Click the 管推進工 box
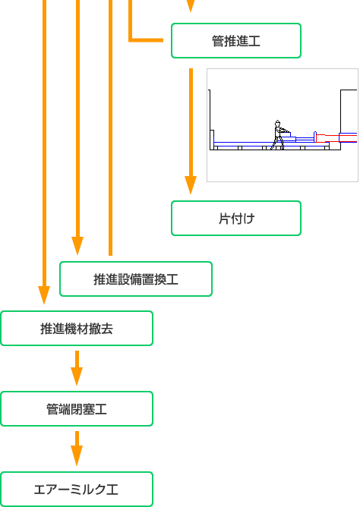pyautogui.click(x=236, y=41)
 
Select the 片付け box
pyautogui.click(x=236, y=219)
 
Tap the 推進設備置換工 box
pyautogui.click(x=136, y=279)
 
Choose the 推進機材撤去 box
pyautogui.click(x=77, y=329)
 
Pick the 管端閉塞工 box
pyautogui.click(x=77, y=409)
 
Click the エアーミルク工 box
pyautogui.click(x=77, y=490)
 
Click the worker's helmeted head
pyautogui.click(x=277, y=124)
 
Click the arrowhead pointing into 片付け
pyautogui.click(x=191, y=185)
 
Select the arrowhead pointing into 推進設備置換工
pyautogui.click(x=77, y=246)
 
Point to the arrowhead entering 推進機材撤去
pyautogui.click(x=44, y=295)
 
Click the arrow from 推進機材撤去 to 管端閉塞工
pyautogui.click(x=77, y=368)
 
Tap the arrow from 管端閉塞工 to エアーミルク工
pyautogui.click(x=77, y=449)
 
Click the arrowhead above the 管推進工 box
pyautogui.click(x=191, y=6)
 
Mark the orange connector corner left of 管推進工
pyautogui.click(x=131, y=40)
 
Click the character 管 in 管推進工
pyautogui.click(x=218, y=41)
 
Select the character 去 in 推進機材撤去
pyautogui.click(x=107, y=329)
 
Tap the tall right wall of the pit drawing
pyautogui.click(x=340, y=120)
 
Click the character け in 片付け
pyautogui.click(x=249, y=219)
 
